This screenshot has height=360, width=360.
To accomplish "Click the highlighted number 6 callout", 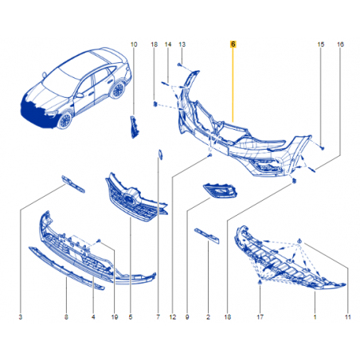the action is tap(233, 45).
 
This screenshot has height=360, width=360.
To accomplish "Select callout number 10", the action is tap(134, 45).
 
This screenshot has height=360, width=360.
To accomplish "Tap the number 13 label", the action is tap(182, 45).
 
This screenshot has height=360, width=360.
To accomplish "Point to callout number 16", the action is tap(340, 45).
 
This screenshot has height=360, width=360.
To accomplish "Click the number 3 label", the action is tap(21, 317).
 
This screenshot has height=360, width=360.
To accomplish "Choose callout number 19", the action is tap(115, 317).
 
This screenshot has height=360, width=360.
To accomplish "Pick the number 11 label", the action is tap(348, 317).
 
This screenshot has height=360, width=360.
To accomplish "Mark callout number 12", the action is tap(173, 317).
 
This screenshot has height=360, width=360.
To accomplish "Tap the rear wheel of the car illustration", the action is tap(118, 89).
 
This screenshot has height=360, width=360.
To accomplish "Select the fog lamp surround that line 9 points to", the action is tap(220, 190).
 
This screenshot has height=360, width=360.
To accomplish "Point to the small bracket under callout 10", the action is tap(134, 127).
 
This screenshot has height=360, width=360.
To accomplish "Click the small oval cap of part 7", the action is tap(160, 155).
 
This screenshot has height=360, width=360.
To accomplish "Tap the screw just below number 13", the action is tap(180, 65).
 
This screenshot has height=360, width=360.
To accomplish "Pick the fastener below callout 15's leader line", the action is tap(323, 148).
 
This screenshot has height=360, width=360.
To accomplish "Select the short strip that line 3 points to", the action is tap(73, 184).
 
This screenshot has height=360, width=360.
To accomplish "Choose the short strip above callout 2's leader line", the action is tap(207, 236).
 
